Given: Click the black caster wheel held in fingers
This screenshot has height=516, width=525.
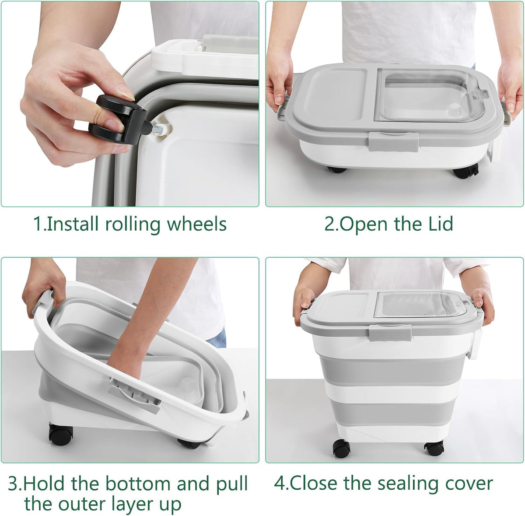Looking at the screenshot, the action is [x=118, y=119].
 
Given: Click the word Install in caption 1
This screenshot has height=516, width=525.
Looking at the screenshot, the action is [x=73, y=225].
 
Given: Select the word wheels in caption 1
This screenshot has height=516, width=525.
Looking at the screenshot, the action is [x=197, y=225].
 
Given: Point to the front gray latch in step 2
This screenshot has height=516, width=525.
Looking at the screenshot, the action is [x=394, y=141].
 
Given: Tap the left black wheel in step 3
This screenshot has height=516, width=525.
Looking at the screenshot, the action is [x=61, y=433].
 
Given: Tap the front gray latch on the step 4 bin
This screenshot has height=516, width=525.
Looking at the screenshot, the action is [x=390, y=333].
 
